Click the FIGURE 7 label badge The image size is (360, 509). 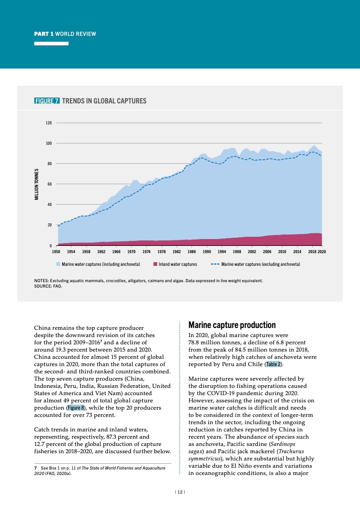(47, 101)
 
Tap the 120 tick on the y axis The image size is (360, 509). (49, 123)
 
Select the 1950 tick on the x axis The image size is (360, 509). (56, 251)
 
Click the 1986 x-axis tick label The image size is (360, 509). (192, 251)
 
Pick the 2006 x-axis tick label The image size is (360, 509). (267, 251)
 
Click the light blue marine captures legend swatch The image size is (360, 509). (59, 264)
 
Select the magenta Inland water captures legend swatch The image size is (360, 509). (155, 264)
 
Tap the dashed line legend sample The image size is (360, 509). (215, 264)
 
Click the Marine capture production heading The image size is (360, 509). (232, 325)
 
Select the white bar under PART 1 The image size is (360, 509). (52, 44)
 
